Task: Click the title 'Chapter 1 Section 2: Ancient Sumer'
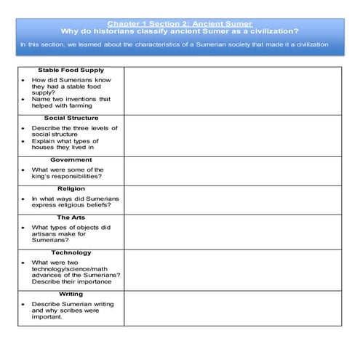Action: point(179,23)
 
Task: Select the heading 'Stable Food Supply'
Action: point(71,71)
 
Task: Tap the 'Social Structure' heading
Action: point(71,118)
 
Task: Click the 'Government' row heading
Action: point(71,159)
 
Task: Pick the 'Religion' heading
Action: point(71,188)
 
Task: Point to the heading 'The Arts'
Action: point(71,217)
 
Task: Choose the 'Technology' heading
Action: point(71,252)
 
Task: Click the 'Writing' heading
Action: point(71,294)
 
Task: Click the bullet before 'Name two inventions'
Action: point(23,99)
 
